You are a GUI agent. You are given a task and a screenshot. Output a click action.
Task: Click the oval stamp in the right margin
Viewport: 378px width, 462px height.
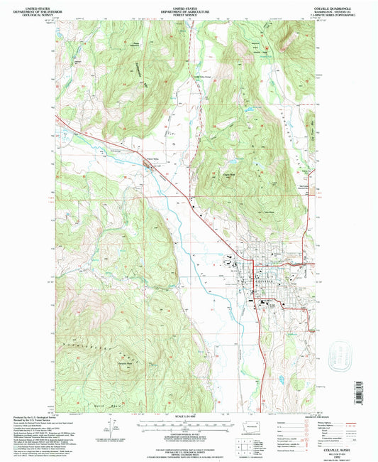pyautogui.click(x=343, y=353)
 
